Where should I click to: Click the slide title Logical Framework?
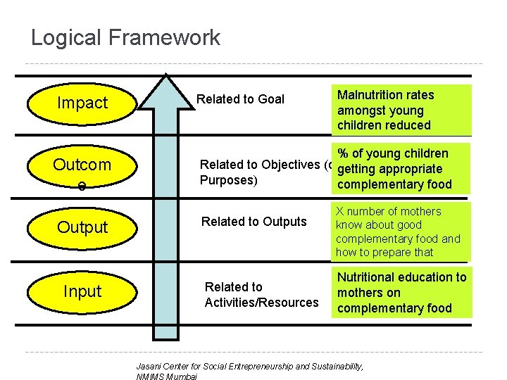[125, 37]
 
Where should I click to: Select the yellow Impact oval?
[82, 103]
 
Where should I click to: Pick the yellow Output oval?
[82, 227]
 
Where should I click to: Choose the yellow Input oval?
[82, 291]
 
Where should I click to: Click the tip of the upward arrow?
[165, 75]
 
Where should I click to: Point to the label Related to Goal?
[240, 99]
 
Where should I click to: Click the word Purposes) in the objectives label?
[230, 180]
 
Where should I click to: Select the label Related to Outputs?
[254, 222]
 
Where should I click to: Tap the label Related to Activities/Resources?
[261, 295]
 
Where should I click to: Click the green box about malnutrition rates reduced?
[400, 110]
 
